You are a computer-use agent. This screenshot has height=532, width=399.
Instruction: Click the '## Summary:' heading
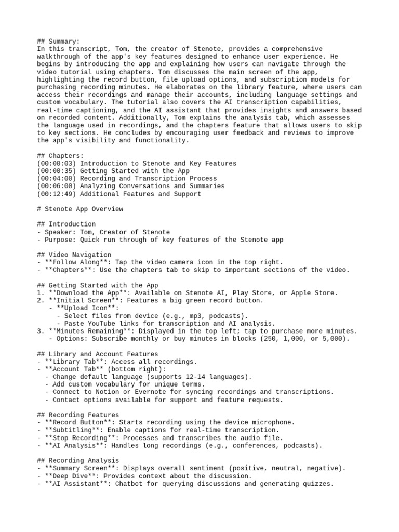58,42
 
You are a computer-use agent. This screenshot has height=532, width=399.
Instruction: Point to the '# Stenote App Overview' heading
81,209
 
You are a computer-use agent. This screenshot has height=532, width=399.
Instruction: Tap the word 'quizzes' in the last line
316,484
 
